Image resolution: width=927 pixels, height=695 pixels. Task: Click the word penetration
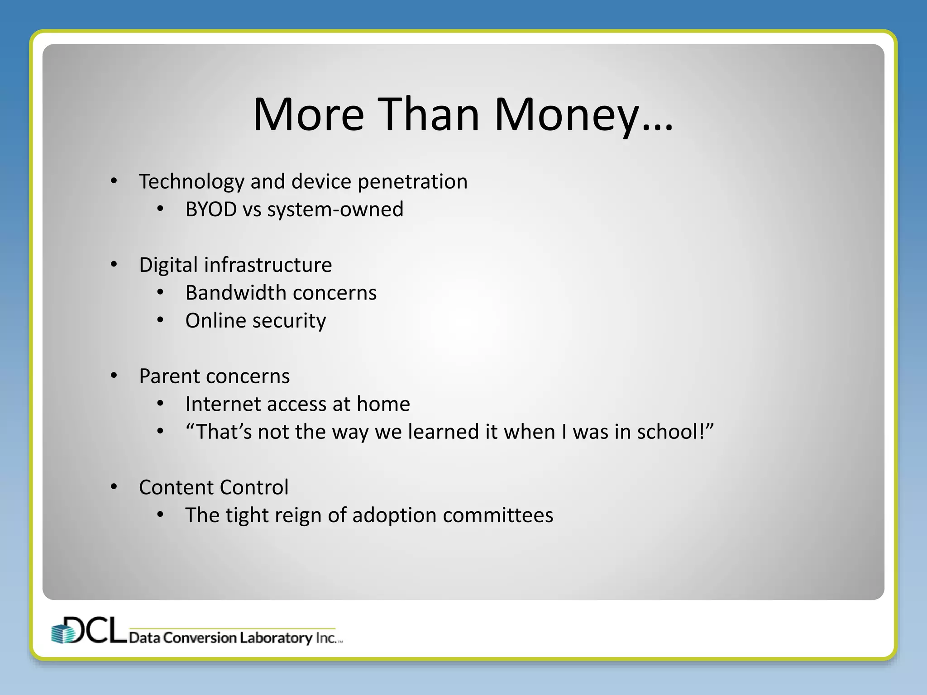pyautogui.click(x=412, y=182)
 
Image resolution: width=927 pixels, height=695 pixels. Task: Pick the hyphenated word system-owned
pyautogui.click(x=335, y=209)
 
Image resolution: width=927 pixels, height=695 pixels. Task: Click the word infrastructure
pyautogui.click(x=268, y=265)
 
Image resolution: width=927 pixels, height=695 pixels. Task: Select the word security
pyautogui.click(x=289, y=321)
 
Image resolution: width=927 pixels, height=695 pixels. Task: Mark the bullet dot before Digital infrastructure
pyautogui.click(x=114, y=264)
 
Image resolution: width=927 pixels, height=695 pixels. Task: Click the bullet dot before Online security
pyautogui.click(x=160, y=320)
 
